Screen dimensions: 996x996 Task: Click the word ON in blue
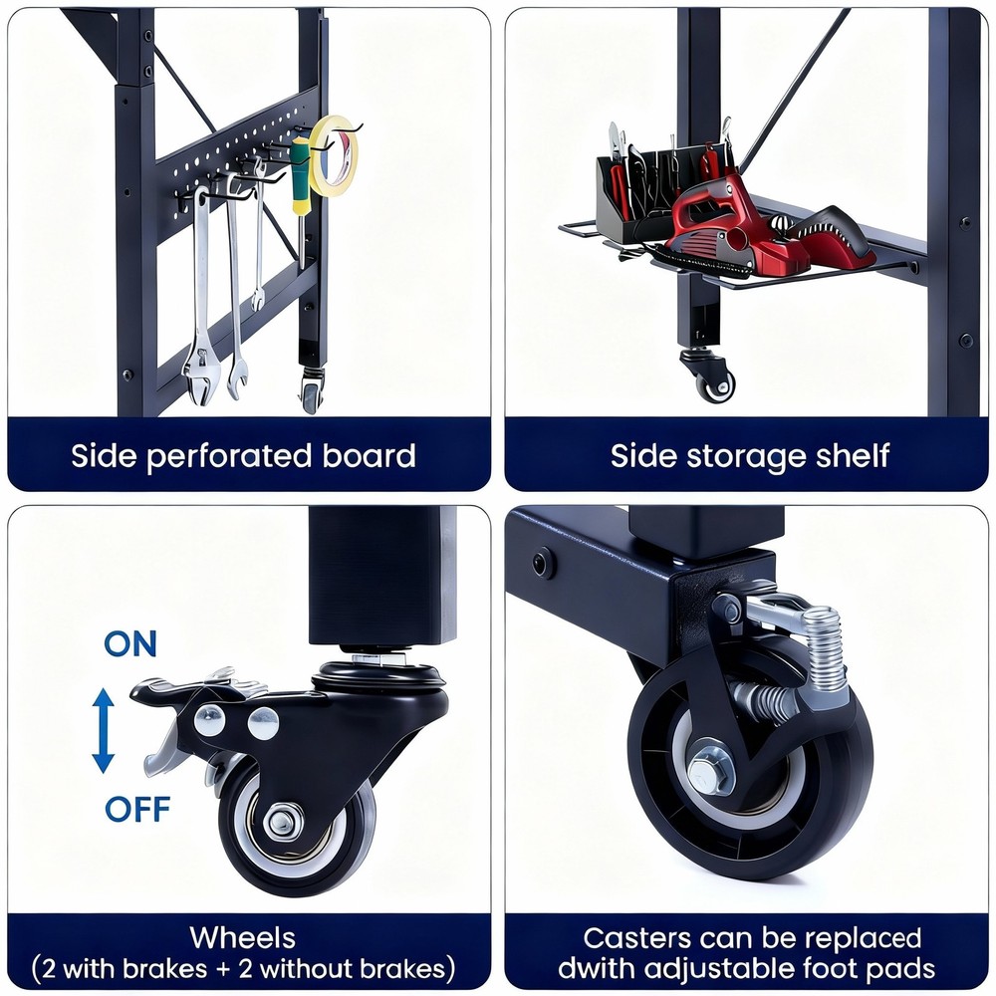130,644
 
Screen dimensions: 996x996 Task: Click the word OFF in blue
137,809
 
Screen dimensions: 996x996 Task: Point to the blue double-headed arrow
103,730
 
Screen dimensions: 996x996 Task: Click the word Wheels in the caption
243,937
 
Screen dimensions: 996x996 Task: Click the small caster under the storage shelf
708,374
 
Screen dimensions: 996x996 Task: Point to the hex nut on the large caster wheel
710,771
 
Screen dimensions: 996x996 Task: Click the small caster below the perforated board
311,390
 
